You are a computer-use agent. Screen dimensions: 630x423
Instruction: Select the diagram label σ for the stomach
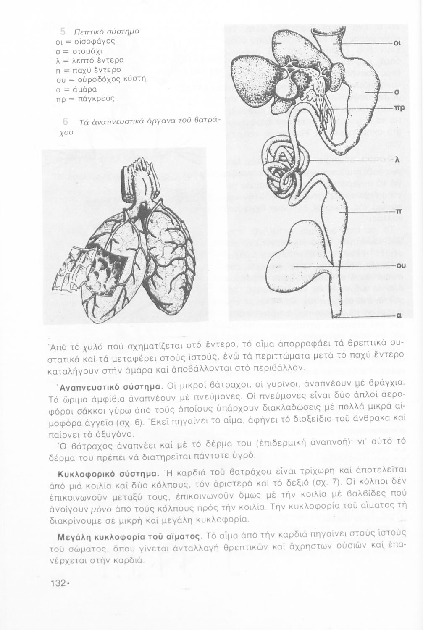point(397,92)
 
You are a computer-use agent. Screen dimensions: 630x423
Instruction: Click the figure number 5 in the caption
point(62,31)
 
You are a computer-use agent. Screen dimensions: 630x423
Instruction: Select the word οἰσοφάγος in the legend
point(91,41)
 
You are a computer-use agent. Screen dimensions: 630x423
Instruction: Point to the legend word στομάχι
point(87,51)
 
